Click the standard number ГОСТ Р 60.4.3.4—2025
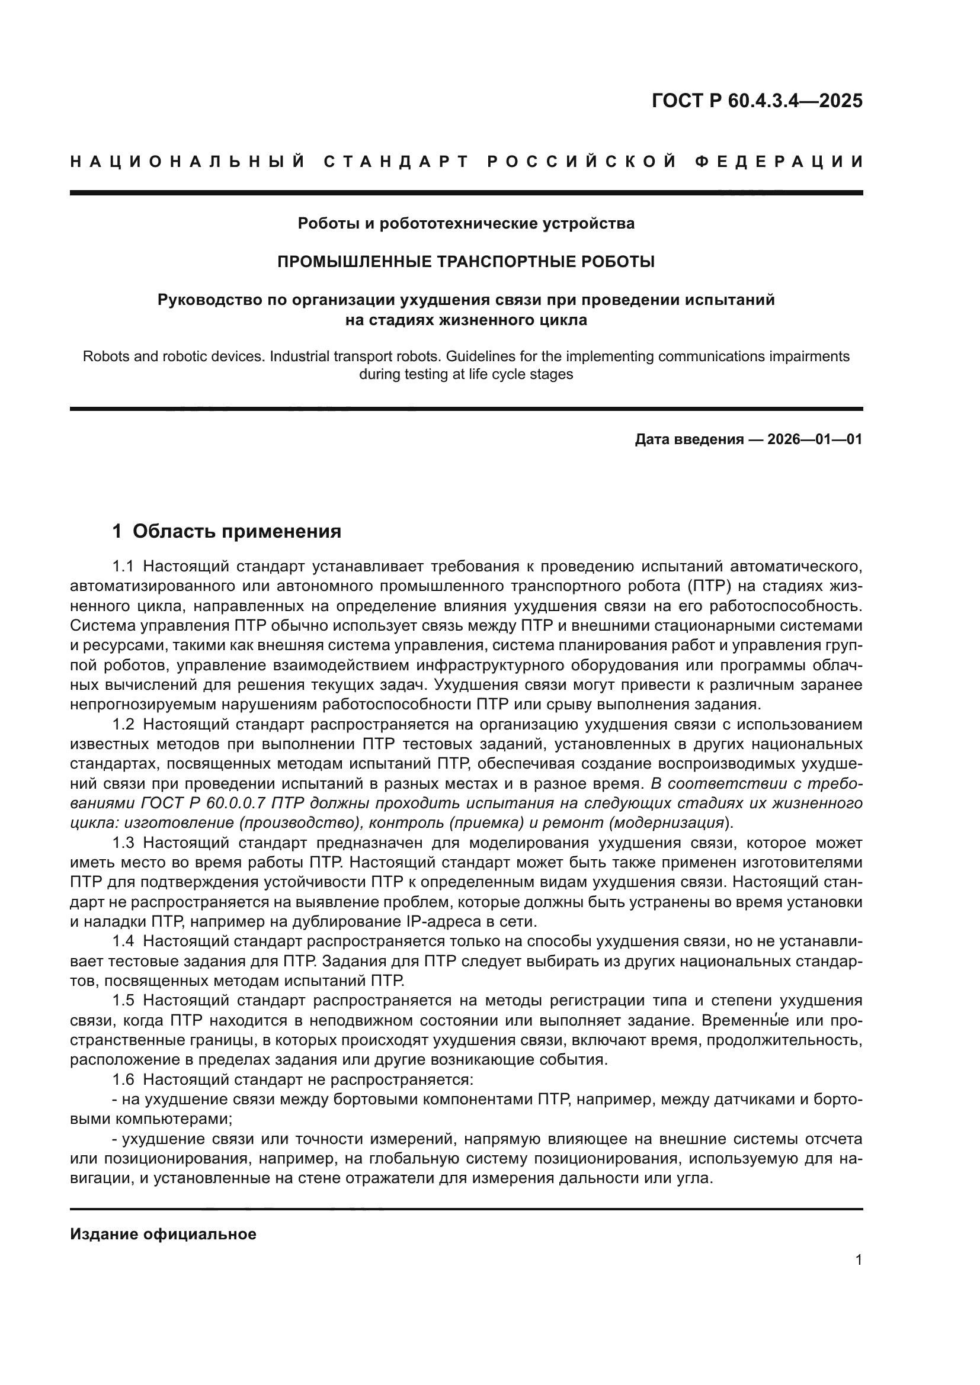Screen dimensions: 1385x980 coord(757,101)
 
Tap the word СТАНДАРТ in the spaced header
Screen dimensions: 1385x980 coord(396,162)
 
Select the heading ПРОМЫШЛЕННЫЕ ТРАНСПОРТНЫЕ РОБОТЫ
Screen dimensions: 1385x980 coord(466,262)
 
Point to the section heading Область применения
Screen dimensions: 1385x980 coord(236,531)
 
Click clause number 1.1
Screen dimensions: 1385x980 coord(125,567)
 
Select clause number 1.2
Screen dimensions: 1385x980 coord(125,724)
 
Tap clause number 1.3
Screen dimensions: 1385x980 coord(125,843)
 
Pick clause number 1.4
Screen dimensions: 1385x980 coord(125,941)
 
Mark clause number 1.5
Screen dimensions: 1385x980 coord(125,1000)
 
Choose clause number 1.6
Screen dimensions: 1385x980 coord(125,1079)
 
